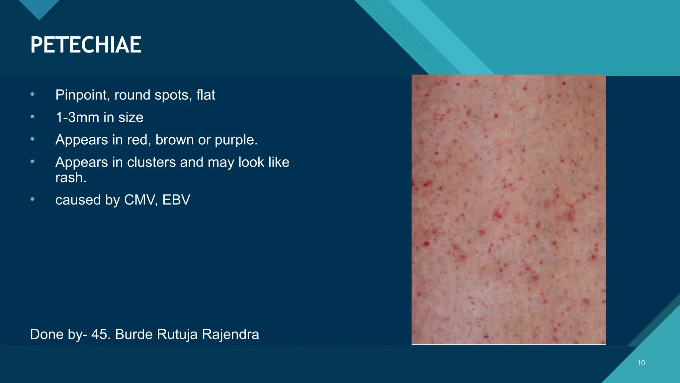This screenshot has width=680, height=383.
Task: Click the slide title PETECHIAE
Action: coord(86,45)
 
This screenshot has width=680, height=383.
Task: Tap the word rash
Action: coord(71,178)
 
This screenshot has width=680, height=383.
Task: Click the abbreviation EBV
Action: coord(176,200)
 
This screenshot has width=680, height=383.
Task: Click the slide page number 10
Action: coord(641,363)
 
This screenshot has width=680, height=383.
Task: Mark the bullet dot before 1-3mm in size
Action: coord(32,117)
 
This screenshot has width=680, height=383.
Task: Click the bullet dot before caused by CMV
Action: coord(32,199)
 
